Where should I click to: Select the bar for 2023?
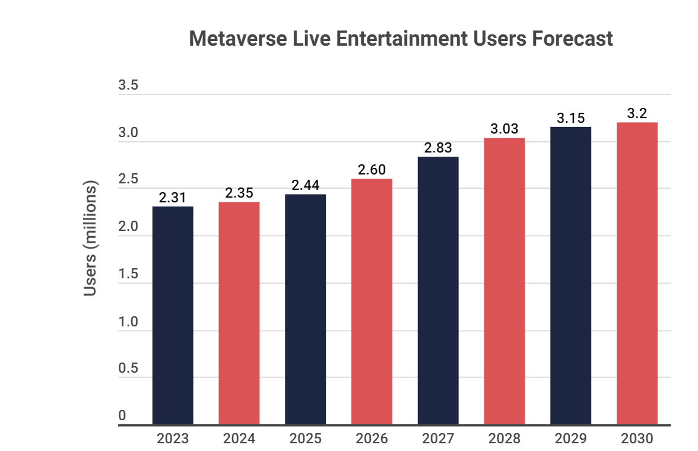click(173, 315)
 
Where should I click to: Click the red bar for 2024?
click(239, 313)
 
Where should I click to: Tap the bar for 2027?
click(438, 291)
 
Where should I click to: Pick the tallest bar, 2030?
click(637, 274)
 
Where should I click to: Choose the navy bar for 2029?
click(570, 275)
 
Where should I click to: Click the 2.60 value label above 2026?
click(372, 170)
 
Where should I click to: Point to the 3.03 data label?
click(505, 129)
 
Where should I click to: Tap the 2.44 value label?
click(305, 185)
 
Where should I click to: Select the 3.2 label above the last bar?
click(637, 113)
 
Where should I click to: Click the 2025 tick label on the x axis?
click(305, 439)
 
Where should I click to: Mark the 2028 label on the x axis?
click(505, 439)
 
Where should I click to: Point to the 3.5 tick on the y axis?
click(128, 85)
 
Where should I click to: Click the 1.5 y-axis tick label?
click(128, 274)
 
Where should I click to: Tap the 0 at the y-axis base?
click(122, 416)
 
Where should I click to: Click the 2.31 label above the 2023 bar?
click(173, 198)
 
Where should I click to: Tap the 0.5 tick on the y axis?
click(128, 369)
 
